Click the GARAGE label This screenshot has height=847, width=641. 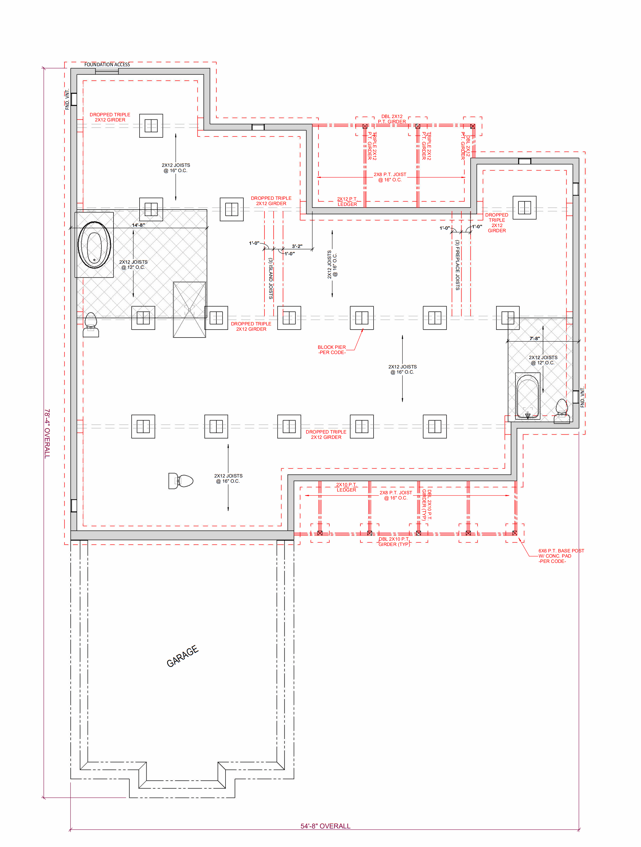[183, 656]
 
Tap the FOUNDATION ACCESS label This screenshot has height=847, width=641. [107, 65]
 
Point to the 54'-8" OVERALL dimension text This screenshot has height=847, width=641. [325, 826]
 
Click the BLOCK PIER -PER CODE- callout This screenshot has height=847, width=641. [332, 350]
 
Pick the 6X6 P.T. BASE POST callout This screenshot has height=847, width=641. [561, 556]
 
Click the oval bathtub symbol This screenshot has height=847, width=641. [94, 244]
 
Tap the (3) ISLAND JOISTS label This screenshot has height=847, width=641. [271, 279]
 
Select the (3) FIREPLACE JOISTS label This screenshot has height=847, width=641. [457, 265]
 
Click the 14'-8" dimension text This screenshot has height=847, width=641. [138, 225]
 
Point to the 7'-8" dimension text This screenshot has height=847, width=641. [535, 338]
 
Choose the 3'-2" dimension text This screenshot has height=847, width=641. [297, 246]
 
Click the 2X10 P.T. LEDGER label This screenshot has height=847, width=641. [346, 487]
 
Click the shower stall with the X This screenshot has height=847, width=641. [189, 310]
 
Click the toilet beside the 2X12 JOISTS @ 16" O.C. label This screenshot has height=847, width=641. [181, 480]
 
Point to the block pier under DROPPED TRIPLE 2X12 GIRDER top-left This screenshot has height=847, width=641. [151, 126]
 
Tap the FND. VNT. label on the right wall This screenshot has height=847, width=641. [582, 397]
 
